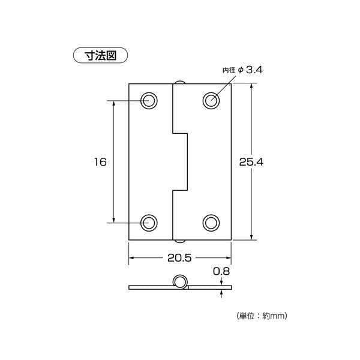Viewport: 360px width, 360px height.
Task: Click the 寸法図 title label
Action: click(100, 55)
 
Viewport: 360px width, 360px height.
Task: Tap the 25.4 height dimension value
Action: click(251, 162)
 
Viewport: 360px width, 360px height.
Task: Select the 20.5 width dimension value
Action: click(179, 258)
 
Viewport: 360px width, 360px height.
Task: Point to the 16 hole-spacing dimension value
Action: click(100, 162)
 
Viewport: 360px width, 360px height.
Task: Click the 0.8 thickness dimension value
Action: click(221, 271)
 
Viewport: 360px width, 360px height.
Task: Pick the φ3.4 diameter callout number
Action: click(254, 70)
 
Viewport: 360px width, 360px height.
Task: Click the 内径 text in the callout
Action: click(229, 70)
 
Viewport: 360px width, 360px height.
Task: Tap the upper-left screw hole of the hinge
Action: click(149, 101)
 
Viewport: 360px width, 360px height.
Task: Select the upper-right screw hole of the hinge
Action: click(211, 101)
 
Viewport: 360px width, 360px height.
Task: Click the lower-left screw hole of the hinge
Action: click(149, 223)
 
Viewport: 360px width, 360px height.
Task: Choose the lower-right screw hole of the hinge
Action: click(211, 223)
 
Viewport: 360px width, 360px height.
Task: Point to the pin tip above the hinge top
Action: click(180, 82)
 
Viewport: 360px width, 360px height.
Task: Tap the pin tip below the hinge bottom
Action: click(180, 241)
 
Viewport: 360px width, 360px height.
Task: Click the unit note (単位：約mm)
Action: click(262, 316)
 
